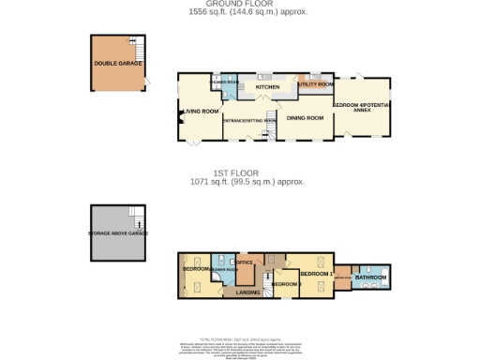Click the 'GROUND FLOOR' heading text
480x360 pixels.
click(240, 4)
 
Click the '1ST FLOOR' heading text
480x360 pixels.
click(240, 173)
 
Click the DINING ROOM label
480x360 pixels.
click(305, 118)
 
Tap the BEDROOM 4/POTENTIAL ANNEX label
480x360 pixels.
click(359, 107)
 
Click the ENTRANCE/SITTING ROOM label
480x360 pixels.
click(250, 120)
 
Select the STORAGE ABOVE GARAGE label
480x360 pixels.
click(118, 232)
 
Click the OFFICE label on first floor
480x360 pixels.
click(247, 262)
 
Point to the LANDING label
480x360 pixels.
click(247, 292)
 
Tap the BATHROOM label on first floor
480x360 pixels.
click(371, 277)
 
